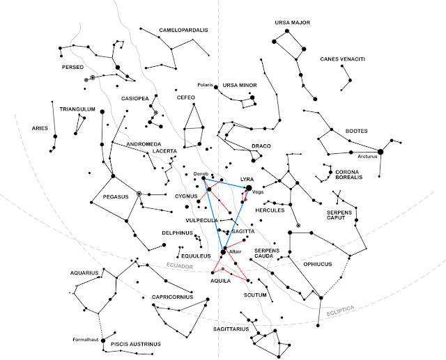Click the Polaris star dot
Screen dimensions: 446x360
pyautogui.click(x=216, y=87)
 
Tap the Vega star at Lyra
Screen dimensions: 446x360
pyautogui.click(x=249, y=188)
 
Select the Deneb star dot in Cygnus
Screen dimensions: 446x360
pyautogui.click(x=203, y=178)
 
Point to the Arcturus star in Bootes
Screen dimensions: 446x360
pyautogui.click(x=380, y=152)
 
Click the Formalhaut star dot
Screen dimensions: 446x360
pyautogui.click(x=103, y=341)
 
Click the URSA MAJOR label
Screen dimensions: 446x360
pyautogui.click(x=293, y=22)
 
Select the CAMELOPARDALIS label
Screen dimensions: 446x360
pyautogui.click(x=183, y=30)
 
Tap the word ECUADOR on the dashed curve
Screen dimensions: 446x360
pyautogui.click(x=180, y=266)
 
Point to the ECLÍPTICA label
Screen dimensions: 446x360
pyautogui.click(x=341, y=311)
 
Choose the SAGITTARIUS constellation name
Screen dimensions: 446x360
pyautogui.click(x=231, y=329)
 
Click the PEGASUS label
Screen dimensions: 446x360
pyautogui.click(x=116, y=196)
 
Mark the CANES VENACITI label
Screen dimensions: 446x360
pyautogui.click(x=342, y=59)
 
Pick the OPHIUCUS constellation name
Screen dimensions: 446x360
pyautogui.click(x=318, y=264)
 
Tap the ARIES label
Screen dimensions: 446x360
pyautogui.click(x=40, y=128)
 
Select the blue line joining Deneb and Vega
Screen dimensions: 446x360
pyautogui.click(x=226, y=183)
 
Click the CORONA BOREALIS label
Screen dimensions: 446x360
pyautogui.click(x=348, y=175)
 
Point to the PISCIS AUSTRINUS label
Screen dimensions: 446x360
pyautogui.click(x=136, y=344)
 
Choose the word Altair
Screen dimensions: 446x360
pyautogui.click(x=236, y=252)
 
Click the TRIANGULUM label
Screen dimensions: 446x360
pyautogui.click(x=77, y=109)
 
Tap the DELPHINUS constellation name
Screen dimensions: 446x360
pyautogui.click(x=177, y=233)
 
